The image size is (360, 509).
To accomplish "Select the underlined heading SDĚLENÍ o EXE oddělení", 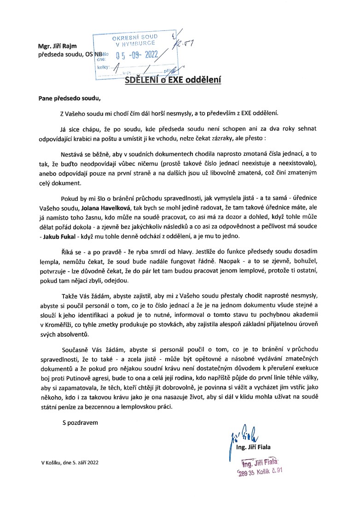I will coord(174,80).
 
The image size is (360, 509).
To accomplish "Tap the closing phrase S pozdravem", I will coord(80,421).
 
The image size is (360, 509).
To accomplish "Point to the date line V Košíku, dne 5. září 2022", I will coord(70,462).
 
